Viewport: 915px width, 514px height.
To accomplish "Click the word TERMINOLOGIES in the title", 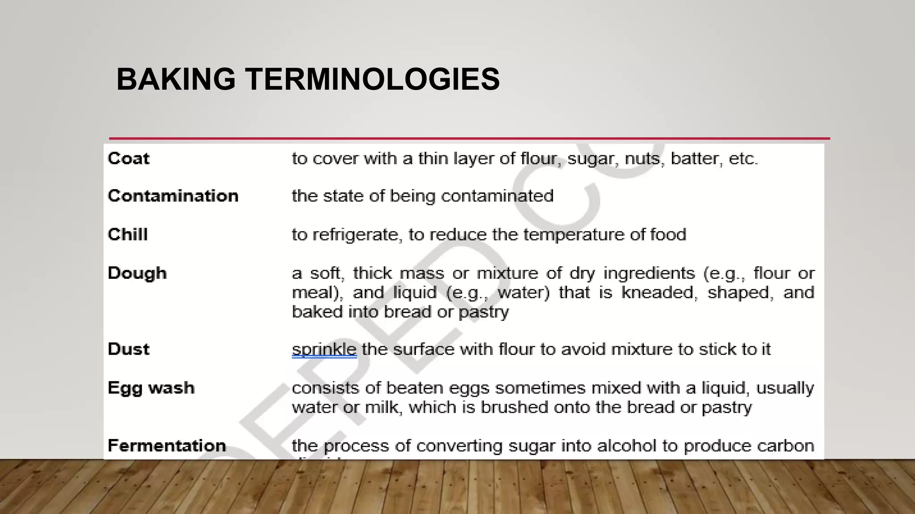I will [x=373, y=79].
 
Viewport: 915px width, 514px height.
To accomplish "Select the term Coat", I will [x=129, y=158].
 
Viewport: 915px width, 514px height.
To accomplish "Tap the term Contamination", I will [x=173, y=196].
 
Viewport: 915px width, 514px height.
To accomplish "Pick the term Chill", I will [x=128, y=234].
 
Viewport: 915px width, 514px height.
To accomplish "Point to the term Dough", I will [x=137, y=273].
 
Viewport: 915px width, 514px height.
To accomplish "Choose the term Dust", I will [x=129, y=349].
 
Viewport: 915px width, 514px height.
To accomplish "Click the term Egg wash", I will [x=151, y=388].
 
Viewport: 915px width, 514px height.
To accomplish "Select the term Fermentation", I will [x=167, y=445].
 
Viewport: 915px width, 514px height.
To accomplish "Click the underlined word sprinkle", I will [x=324, y=349].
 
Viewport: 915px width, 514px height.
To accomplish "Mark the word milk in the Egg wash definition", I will [x=382, y=407].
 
